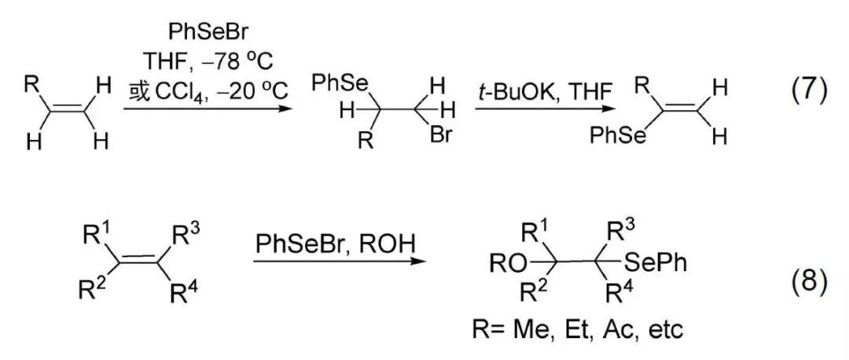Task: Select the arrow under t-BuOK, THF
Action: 531,110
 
